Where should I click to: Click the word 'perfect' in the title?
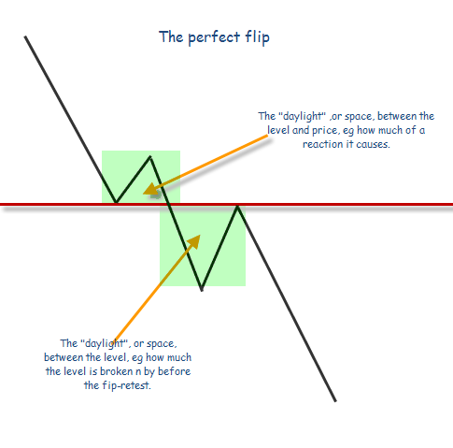coord(214,37)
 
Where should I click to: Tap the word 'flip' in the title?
coord(257,37)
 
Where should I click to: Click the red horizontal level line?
coord(226,205)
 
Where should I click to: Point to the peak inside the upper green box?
coord(150,156)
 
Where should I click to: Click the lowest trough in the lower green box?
coord(202,290)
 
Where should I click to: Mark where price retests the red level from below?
coord(237,206)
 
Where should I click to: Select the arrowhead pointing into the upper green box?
coord(151,190)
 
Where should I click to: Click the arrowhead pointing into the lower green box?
coord(194,241)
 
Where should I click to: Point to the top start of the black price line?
coord(25,36)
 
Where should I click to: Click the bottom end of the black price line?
coord(335,401)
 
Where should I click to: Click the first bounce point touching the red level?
coord(116,203)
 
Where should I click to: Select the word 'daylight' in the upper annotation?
coord(300,117)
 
